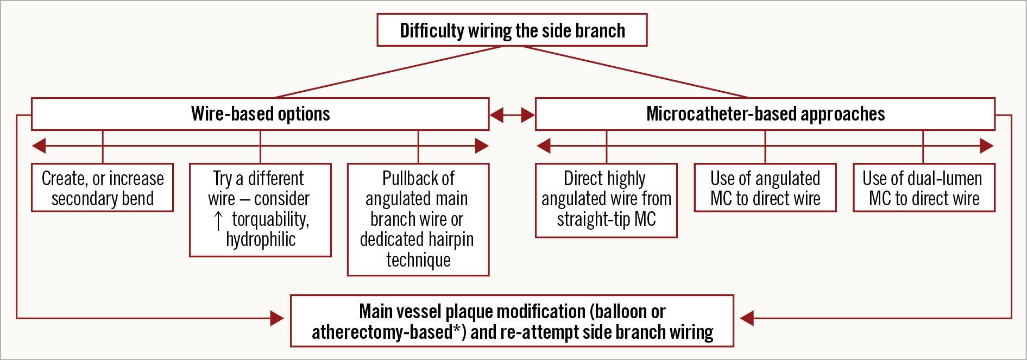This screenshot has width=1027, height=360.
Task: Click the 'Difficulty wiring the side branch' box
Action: coord(512,30)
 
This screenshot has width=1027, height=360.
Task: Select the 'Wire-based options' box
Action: coord(260,114)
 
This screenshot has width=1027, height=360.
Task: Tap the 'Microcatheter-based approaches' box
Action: coord(765,114)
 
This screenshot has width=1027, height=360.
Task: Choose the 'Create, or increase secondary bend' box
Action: coord(103,188)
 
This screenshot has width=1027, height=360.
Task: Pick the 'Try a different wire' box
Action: coord(260,210)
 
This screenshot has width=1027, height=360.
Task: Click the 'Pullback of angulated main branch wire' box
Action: coord(418,219)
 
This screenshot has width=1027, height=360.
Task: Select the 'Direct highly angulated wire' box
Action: coord(606,200)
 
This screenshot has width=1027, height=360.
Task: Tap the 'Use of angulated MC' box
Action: coord(765,188)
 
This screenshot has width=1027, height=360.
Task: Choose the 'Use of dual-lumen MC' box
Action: coord(923,188)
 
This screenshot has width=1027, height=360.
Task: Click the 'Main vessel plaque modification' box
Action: coord(512,321)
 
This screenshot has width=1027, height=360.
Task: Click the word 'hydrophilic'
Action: coord(261,239)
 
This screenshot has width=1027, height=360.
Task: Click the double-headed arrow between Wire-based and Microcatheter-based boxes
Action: coord(512,115)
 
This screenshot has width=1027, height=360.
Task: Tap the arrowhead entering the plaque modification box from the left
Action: coord(276,318)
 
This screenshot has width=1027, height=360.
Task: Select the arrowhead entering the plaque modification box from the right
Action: coord(747,318)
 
